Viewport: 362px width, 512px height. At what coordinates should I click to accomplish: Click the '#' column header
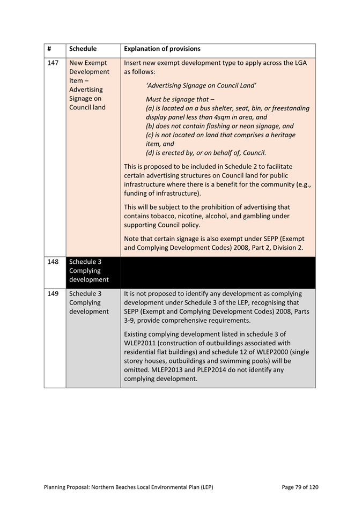tap(49, 49)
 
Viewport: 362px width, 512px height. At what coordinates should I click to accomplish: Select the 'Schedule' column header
tap(83, 49)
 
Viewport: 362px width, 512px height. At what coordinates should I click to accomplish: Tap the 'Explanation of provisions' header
tap(162, 49)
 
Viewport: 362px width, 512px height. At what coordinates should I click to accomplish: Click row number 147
tap(53, 63)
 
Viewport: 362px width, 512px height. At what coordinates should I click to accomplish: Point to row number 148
tap(53, 262)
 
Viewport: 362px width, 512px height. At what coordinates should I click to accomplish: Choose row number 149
tap(53, 294)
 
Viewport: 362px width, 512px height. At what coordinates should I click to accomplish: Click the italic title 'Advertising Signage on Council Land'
tap(201, 85)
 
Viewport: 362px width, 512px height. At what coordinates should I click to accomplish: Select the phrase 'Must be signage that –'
tap(180, 100)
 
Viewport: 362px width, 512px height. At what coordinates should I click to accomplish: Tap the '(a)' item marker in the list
tap(150, 108)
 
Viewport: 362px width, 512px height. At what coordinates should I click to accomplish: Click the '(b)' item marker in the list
tap(151, 126)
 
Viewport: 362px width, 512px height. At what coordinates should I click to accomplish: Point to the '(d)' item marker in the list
tap(151, 152)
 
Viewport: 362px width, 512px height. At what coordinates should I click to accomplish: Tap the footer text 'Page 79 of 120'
tap(300, 487)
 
